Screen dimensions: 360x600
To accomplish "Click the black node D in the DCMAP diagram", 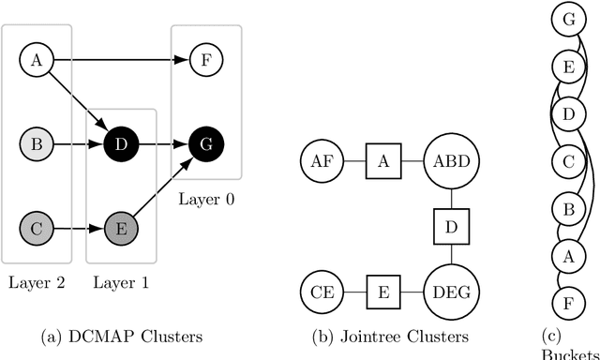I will tap(121, 145).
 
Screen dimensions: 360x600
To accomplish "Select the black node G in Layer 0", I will tap(205, 145).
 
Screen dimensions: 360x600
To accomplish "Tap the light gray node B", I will tap(37, 145).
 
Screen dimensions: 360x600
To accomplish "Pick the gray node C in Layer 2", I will tap(37, 227).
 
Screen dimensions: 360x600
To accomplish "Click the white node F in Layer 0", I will tap(205, 61).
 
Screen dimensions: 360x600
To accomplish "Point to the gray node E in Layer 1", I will tap(121, 227).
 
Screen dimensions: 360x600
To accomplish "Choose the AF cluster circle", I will tap(320, 161).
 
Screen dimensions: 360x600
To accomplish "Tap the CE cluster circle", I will tap(320, 292).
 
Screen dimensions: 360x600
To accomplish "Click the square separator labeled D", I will tap(451, 227).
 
